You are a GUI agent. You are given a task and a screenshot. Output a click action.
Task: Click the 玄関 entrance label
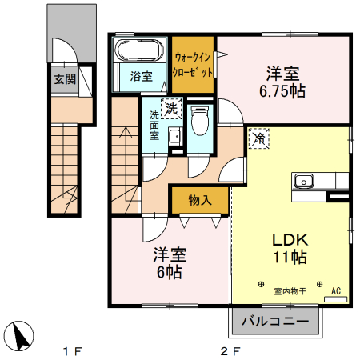point(65,79)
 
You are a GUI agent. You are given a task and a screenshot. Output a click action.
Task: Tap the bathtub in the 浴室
point(138,52)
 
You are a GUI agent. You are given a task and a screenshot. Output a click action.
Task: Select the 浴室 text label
point(141,78)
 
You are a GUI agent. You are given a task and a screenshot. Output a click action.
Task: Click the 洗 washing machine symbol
point(171,107)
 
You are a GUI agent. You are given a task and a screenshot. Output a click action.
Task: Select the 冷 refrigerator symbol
point(260,138)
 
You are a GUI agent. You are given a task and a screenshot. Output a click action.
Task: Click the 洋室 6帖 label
point(170,263)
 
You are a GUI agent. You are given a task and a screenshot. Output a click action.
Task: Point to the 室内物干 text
point(290,292)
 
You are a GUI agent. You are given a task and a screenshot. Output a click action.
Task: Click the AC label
point(336,291)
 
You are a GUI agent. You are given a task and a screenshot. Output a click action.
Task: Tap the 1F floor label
point(74,350)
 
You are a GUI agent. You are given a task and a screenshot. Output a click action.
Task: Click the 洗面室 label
point(154,125)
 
